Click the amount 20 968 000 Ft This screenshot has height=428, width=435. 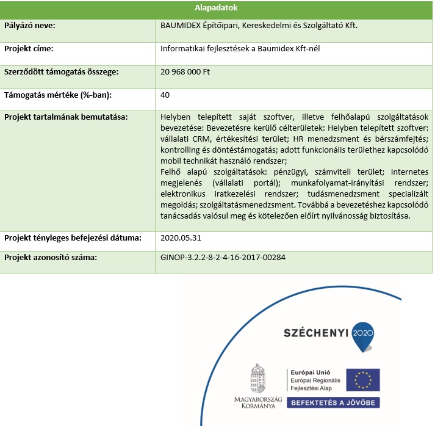[x=185, y=71]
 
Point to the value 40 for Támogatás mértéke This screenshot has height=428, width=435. [x=165, y=95]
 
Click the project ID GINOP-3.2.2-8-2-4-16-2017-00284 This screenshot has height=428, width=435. [x=223, y=258]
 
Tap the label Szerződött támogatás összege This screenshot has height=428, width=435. [x=61, y=71]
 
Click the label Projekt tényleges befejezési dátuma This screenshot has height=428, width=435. [x=73, y=238]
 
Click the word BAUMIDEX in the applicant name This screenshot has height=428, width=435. [x=181, y=26]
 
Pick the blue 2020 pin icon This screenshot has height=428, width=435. [x=363, y=336]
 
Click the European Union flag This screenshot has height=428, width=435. [x=362, y=379]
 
